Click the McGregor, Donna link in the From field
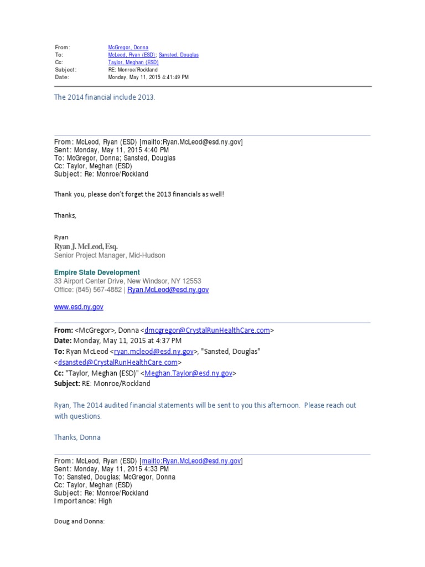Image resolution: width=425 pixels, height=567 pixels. coord(128,48)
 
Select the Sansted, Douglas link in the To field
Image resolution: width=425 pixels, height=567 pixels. coord(178,55)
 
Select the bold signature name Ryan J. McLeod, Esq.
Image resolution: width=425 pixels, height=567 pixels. coord(86,246)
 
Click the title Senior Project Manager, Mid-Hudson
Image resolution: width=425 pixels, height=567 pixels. coord(110,255)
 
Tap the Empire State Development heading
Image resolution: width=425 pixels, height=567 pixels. coord(97,272)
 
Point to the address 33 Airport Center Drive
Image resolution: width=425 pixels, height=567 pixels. coord(92,281)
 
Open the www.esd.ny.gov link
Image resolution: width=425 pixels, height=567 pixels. coord(79,307)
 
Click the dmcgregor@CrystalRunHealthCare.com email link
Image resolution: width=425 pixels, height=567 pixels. coord(207,331)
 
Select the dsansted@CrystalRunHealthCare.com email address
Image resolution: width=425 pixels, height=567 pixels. coord(117,362)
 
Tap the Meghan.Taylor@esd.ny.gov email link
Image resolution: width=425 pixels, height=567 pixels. coord(188,373)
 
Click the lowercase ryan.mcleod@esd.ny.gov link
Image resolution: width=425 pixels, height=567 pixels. coord(154,352)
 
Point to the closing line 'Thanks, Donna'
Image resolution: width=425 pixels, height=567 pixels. coord(77,437)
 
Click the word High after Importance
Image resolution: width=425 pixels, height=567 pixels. coord(105,501)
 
